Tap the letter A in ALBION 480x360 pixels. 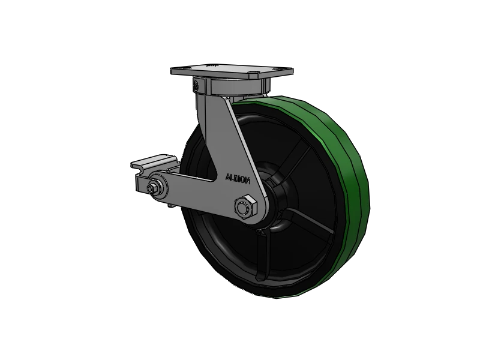pos(227,176)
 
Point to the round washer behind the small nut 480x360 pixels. pos(160,184)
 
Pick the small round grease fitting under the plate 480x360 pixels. pos(196,88)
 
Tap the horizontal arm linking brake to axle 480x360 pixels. pos(192,192)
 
